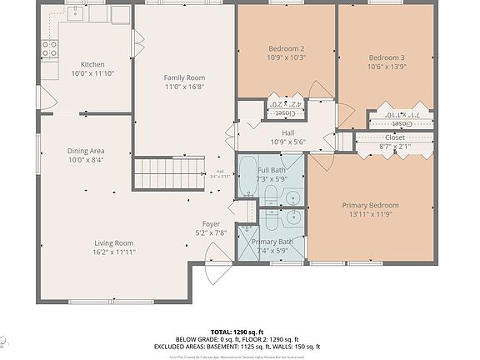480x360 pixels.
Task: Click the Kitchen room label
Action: (x=92, y=65)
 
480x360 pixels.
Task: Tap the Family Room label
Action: (x=183, y=77)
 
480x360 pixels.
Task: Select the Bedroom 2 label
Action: (x=286, y=48)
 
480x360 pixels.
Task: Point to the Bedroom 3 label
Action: (x=386, y=57)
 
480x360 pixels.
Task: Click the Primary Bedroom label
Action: (x=370, y=205)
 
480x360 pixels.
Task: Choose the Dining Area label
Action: (x=86, y=151)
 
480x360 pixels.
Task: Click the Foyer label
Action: (x=211, y=224)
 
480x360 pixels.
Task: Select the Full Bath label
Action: (x=272, y=170)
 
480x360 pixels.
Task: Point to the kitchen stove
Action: (x=49, y=47)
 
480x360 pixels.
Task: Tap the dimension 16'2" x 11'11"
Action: (x=113, y=251)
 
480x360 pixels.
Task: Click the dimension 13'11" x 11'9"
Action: (x=370, y=214)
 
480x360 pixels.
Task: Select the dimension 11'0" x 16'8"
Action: (x=183, y=86)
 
